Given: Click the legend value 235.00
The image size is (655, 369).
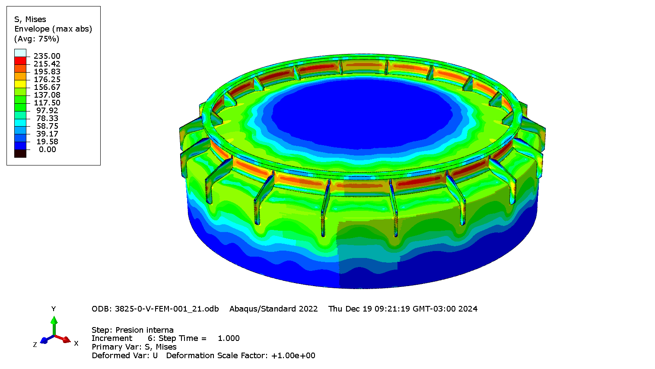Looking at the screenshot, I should coord(47,56).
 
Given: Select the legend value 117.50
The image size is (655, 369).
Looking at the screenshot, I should coord(47,103).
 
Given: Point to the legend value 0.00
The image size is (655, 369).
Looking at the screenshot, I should coord(47,150).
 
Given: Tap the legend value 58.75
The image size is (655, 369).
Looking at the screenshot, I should coord(47,126).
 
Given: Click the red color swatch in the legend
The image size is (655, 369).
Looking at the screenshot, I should coord(20,60).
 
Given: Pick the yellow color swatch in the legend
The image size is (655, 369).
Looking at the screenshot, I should coord(20,84).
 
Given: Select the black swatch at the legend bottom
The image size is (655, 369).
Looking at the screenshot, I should coord(20,153).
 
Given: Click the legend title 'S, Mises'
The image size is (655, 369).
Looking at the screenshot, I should coord(30,19).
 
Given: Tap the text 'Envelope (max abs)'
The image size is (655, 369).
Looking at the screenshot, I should coord(53,29).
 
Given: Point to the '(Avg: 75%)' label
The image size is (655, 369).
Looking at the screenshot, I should coord(37,39).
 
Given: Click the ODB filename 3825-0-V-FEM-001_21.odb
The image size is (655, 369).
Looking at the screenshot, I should coord(166,309).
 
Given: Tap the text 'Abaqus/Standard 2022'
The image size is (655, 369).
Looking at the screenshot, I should coord(273,309).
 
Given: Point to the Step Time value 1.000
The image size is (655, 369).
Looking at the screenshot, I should coord(229,338).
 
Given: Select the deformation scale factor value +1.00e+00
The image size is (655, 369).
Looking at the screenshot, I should coord(293,356).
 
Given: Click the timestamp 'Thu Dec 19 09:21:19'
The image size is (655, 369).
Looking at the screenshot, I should coord(369,309).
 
